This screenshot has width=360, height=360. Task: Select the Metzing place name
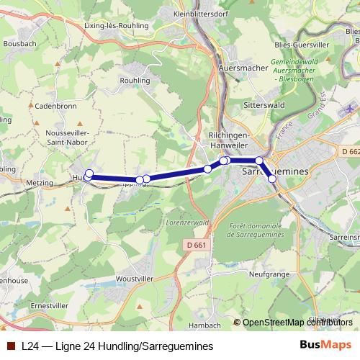(40, 184)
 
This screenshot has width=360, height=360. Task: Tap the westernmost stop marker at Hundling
(89, 174)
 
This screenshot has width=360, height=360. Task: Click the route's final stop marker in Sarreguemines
(272, 179)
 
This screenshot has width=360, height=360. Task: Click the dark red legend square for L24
(11, 346)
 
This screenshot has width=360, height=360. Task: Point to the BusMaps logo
(325, 346)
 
